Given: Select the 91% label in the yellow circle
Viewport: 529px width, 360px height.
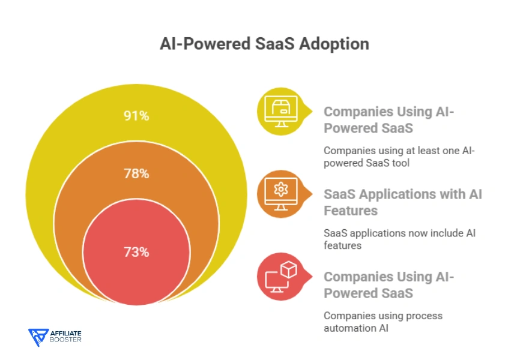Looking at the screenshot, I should coord(136,116).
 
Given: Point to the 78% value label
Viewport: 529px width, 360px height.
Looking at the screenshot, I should coord(136,174).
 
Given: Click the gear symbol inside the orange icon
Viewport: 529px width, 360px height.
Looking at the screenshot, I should coord(280,190).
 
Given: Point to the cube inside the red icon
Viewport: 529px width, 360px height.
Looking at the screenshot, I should coord(289,271).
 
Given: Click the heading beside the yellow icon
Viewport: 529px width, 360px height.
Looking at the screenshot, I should coord(388,119).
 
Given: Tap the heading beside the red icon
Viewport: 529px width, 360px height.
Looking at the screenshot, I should coord(388,284).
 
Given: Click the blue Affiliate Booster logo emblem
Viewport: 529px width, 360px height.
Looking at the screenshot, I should coord(38,337).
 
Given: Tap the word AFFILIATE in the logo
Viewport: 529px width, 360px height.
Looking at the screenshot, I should coord(66,333).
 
